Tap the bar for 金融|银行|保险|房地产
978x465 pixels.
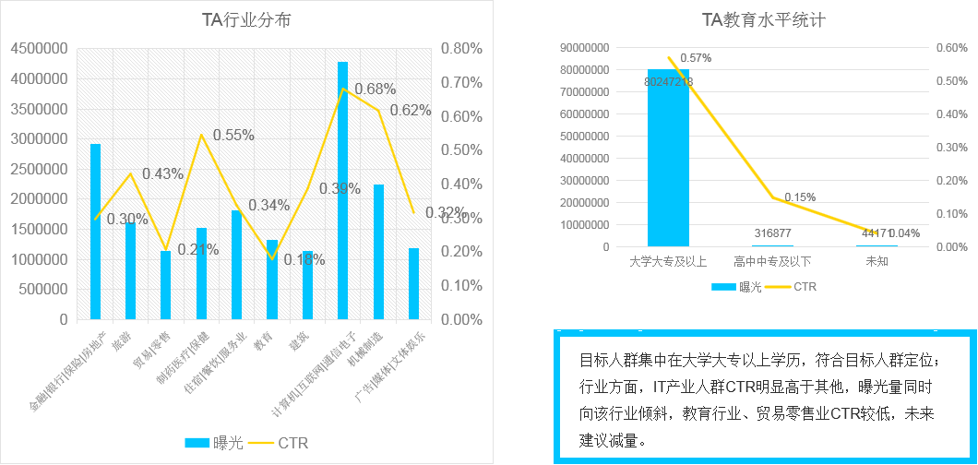point(95,232)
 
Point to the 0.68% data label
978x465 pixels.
point(375,89)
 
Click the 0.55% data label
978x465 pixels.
point(233,135)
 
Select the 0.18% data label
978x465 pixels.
point(304,260)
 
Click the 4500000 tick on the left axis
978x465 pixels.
point(39,49)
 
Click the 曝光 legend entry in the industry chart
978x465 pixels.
point(214,444)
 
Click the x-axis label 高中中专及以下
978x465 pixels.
point(772,262)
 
